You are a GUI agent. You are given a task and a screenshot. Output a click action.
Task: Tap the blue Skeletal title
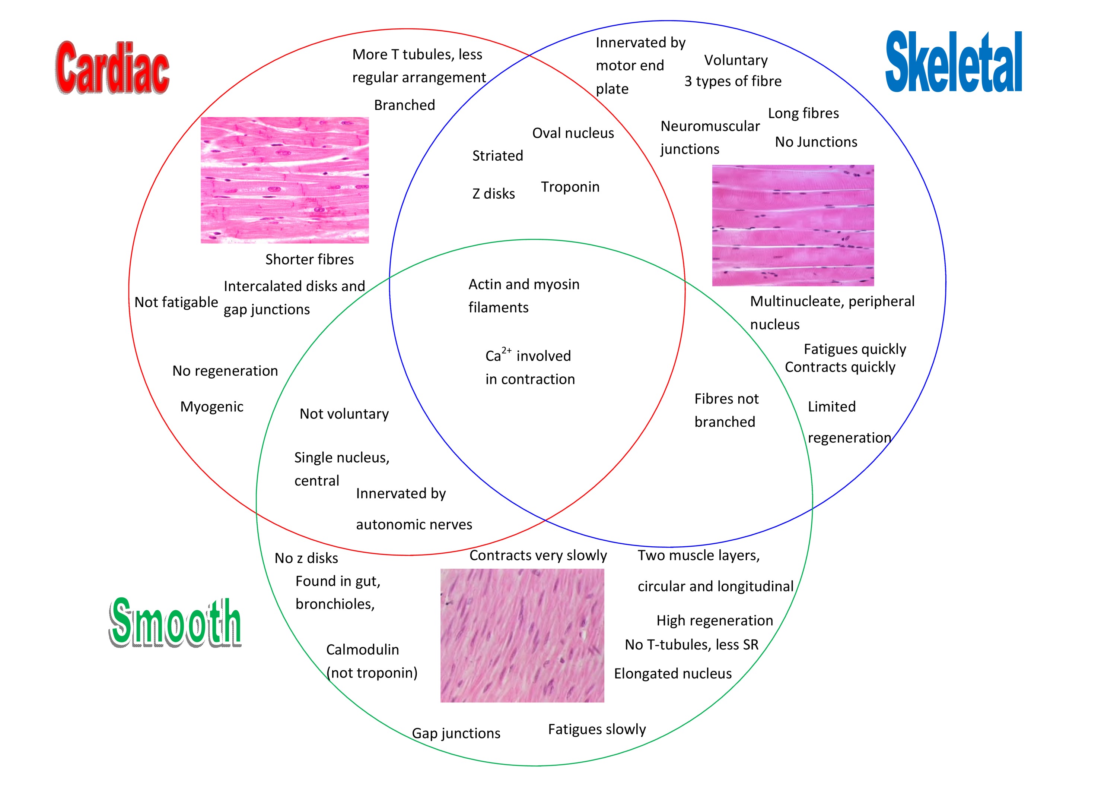pyautogui.click(x=954, y=62)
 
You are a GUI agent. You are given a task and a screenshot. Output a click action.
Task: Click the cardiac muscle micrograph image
pyautogui.click(x=284, y=180)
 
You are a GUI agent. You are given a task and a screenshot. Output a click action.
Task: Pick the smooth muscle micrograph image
pyautogui.click(x=522, y=635)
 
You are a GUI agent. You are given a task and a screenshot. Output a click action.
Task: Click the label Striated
pyautogui.click(x=497, y=156)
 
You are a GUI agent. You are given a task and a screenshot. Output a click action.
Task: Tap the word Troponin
pyautogui.click(x=570, y=187)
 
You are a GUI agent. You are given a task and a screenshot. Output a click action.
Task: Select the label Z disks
pyautogui.click(x=493, y=194)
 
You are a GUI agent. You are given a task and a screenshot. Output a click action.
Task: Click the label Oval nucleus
pyautogui.click(x=573, y=133)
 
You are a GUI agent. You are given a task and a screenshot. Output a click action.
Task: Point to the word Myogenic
pyautogui.click(x=211, y=407)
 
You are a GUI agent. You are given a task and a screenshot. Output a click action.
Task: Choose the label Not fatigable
pyautogui.click(x=176, y=302)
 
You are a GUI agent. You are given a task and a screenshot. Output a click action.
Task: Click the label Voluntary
pyautogui.click(x=736, y=60)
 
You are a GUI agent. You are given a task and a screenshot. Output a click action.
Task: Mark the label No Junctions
pyautogui.click(x=816, y=142)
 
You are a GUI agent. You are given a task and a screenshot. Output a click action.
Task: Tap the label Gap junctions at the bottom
pyautogui.click(x=456, y=733)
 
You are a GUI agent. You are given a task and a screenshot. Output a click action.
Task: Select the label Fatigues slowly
pyautogui.click(x=596, y=729)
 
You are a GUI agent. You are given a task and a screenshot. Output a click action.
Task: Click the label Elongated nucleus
pyautogui.click(x=672, y=674)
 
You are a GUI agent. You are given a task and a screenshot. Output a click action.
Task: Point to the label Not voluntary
pyautogui.click(x=344, y=414)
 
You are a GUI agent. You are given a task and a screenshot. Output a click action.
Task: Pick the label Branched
pyautogui.click(x=404, y=105)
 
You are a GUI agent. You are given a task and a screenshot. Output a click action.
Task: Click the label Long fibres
pyautogui.click(x=803, y=113)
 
